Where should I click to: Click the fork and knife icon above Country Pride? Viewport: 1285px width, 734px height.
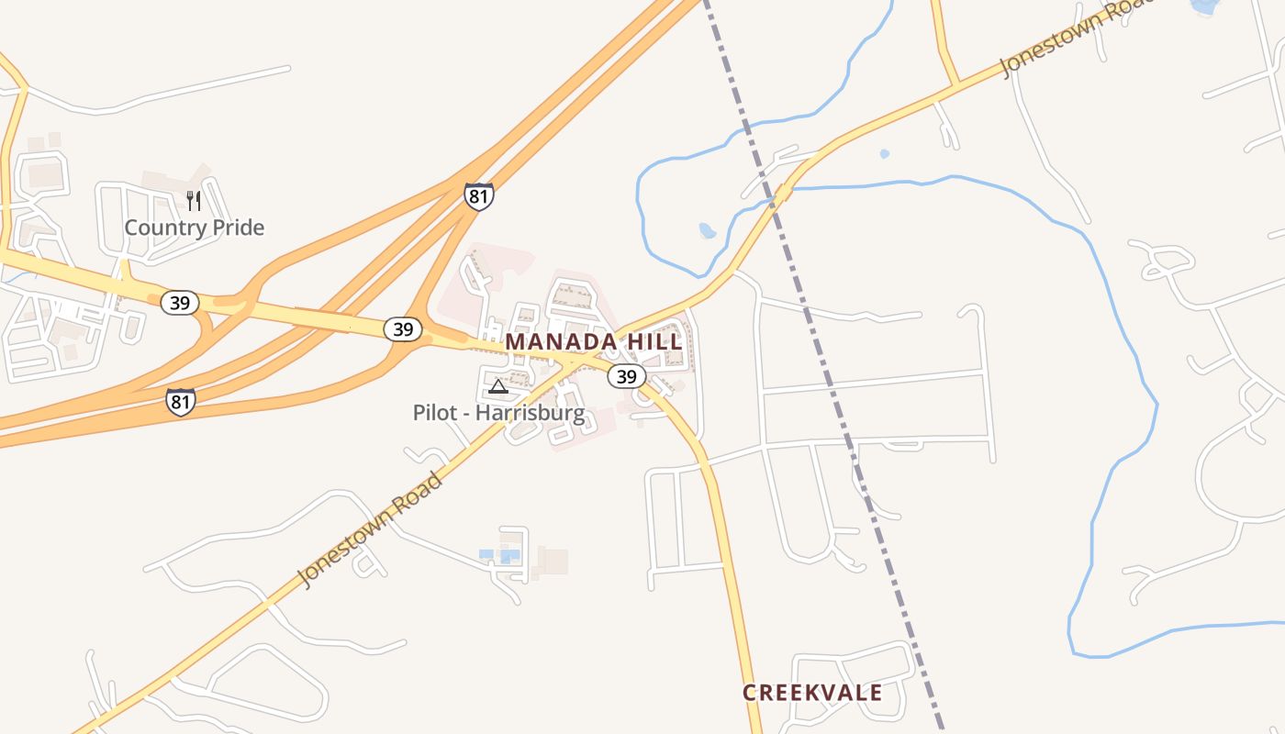(x=194, y=201)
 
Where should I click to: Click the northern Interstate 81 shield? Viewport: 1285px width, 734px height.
(x=478, y=196)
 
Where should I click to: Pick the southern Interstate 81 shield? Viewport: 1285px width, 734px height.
(x=181, y=402)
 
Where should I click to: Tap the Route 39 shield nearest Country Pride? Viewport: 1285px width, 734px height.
(x=180, y=302)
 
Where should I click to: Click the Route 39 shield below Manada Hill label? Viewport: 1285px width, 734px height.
(x=627, y=376)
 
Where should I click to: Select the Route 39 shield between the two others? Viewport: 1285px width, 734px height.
(x=403, y=328)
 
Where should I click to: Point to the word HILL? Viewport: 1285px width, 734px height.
(x=654, y=341)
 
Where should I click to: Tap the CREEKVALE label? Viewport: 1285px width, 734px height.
(x=812, y=693)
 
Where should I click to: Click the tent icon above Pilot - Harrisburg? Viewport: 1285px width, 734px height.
(x=497, y=386)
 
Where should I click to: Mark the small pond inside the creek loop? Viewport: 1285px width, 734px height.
(x=708, y=230)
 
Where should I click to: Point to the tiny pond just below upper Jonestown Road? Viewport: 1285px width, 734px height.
(x=884, y=154)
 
